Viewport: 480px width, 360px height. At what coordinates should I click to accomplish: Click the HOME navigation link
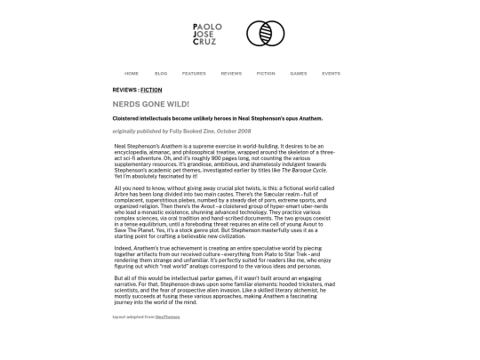click(132, 74)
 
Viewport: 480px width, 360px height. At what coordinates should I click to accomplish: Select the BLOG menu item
click(161, 74)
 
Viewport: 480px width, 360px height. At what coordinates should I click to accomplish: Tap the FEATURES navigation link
click(194, 74)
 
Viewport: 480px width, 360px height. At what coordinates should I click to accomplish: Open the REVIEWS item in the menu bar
click(231, 74)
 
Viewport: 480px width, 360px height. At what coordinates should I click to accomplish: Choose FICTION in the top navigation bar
click(266, 74)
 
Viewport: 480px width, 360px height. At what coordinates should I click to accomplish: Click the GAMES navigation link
click(299, 74)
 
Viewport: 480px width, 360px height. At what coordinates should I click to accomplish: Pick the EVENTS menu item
click(331, 74)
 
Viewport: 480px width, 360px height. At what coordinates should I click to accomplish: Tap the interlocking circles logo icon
click(265, 34)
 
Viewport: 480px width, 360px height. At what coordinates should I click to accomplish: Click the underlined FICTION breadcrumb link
click(151, 90)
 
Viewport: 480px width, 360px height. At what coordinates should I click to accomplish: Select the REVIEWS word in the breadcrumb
click(124, 90)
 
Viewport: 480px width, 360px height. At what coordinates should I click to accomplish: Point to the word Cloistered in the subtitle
click(126, 118)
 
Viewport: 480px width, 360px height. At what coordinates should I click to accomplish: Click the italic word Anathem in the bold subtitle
click(311, 118)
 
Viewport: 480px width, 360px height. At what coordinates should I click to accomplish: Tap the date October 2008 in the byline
click(234, 132)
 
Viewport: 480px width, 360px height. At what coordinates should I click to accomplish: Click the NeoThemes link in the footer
click(167, 316)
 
